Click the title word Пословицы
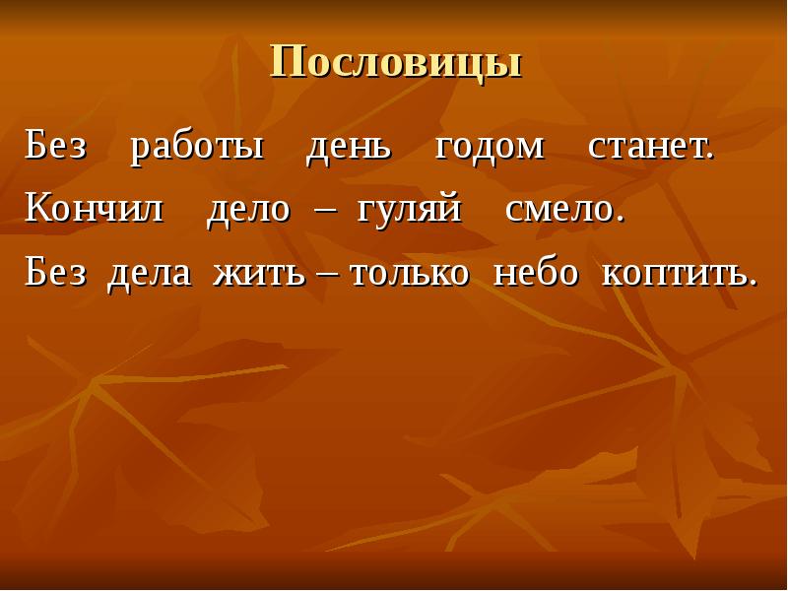tap(395, 63)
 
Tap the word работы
tap(197, 147)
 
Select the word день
tap(349, 147)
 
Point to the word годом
tap(490, 147)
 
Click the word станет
tap(646, 147)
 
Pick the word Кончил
tap(95, 209)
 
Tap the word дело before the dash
tap(248, 209)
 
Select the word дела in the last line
tap(149, 273)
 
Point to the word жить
tap(259, 273)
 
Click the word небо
tap(535, 273)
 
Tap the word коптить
tap(675, 273)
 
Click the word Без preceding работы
tap(56, 147)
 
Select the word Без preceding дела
tap(56, 273)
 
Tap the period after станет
tap(708, 159)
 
